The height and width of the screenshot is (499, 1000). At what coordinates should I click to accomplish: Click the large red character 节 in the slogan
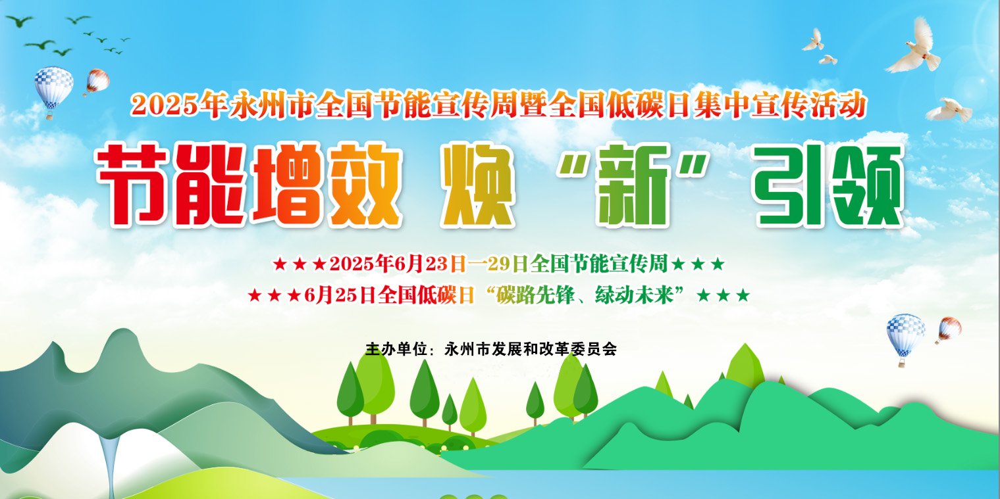tap(134, 184)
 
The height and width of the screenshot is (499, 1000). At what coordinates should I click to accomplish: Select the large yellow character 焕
tap(477, 184)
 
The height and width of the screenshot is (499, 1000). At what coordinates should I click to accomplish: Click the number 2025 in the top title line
tap(164, 106)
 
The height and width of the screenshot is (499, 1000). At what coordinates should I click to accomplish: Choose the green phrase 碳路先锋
tap(535, 295)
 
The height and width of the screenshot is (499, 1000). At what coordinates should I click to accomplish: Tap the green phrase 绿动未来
tap(635, 295)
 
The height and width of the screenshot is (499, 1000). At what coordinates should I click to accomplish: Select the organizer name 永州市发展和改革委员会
tap(531, 349)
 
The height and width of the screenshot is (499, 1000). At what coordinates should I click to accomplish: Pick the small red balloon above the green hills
tap(948, 331)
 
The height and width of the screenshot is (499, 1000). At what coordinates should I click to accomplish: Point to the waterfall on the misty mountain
tap(109, 463)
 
